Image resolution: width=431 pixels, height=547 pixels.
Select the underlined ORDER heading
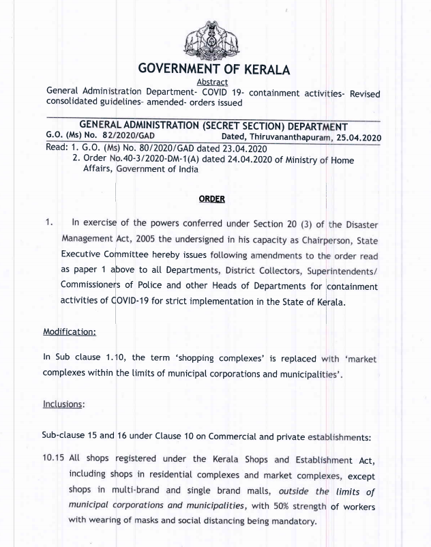pyautogui.click(x=211, y=198)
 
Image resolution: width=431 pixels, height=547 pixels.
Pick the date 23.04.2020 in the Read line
pyautogui.click(x=239, y=148)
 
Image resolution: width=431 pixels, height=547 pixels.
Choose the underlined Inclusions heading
pyautogui.click(x=64, y=404)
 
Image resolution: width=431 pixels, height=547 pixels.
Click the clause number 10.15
pyautogui.click(x=54, y=459)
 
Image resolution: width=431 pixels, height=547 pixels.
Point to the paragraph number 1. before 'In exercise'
pyautogui.click(x=48, y=223)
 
